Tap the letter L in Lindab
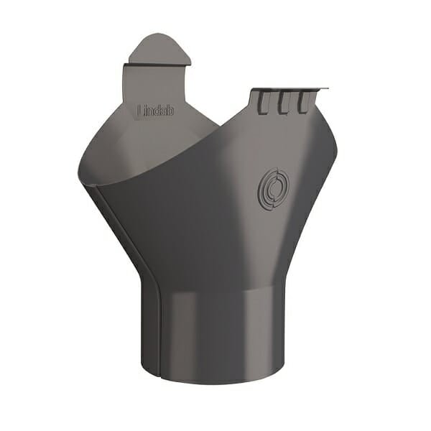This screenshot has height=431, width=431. coord(139,111)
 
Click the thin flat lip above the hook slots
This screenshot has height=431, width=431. coord(287,89)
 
